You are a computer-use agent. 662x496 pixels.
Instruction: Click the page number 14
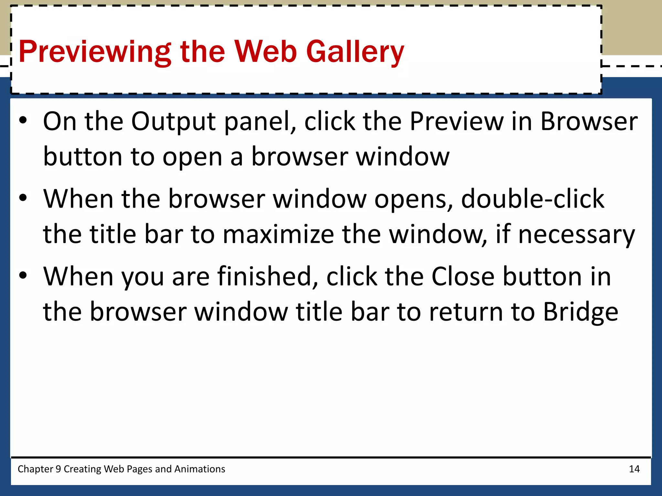point(634,469)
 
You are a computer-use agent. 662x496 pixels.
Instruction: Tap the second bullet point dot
point(23,198)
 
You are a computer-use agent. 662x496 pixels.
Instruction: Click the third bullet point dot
point(23,275)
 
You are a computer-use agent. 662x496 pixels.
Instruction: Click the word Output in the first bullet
point(173,122)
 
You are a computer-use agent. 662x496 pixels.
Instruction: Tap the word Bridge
point(580,312)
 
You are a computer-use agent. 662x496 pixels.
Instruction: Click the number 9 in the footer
point(58,469)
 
